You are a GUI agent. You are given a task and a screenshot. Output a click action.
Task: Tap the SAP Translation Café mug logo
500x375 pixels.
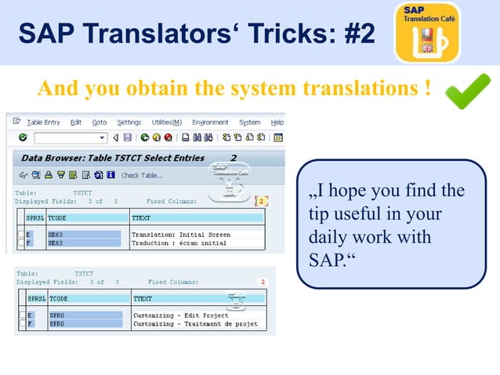pos(427,33)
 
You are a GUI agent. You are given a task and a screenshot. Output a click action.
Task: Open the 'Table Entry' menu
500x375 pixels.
pos(43,122)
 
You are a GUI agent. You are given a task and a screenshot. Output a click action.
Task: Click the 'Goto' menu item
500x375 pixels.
pos(100,122)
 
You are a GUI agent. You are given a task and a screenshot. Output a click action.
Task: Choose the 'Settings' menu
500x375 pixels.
pos(129,122)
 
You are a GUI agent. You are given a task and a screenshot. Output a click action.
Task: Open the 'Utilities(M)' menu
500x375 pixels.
pos(166,122)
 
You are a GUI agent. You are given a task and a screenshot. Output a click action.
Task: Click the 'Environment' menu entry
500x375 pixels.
pos(210,122)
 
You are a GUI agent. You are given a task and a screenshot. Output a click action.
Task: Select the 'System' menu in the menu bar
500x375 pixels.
pos(250,122)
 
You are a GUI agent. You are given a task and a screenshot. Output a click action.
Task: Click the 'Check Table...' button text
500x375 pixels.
pos(142,175)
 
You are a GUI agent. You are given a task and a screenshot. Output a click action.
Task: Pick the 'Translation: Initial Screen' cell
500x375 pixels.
pos(181,235)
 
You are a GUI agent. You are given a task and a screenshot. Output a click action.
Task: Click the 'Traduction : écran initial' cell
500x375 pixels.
pos(179,243)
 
